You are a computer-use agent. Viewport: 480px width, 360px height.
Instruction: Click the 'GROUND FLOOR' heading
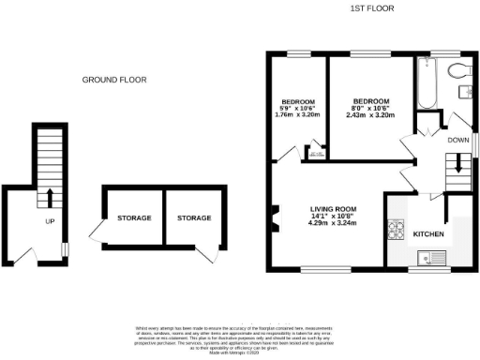click(114, 81)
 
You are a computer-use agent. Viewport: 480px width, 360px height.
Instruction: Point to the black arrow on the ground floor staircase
click(47, 198)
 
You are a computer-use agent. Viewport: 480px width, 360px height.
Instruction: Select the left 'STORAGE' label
click(134, 217)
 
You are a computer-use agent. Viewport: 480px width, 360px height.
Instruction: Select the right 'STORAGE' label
click(194, 217)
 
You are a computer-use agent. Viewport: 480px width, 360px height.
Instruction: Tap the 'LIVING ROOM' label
click(334, 209)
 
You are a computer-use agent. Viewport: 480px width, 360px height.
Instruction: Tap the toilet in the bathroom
click(458, 70)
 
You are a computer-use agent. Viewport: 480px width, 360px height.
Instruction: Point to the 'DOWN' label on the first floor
click(457, 140)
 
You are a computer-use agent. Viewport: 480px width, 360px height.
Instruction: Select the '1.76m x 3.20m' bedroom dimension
click(297, 116)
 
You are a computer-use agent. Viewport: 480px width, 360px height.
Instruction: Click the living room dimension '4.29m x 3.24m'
click(334, 225)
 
